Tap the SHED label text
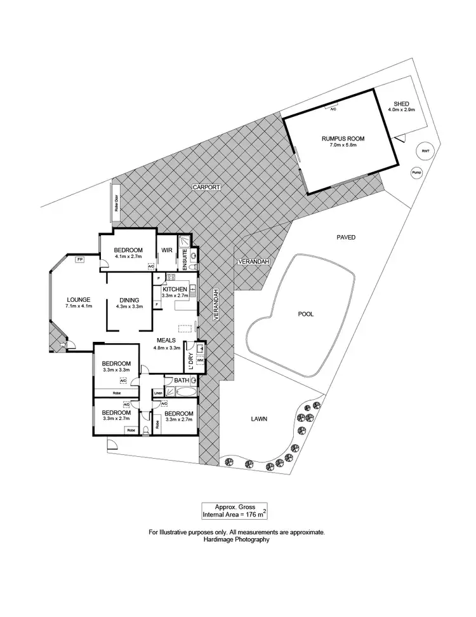(x=401, y=104)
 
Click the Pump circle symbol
(x=416, y=172)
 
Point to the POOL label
(x=305, y=314)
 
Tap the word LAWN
(x=258, y=419)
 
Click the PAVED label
(x=346, y=237)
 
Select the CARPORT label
(x=207, y=187)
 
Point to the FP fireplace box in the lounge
(x=79, y=259)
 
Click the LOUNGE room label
(x=79, y=300)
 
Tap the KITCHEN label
(x=175, y=289)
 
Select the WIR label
(x=167, y=250)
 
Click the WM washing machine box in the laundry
(x=200, y=360)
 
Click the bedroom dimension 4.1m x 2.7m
(x=128, y=257)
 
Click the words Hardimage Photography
(x=237, y=539)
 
